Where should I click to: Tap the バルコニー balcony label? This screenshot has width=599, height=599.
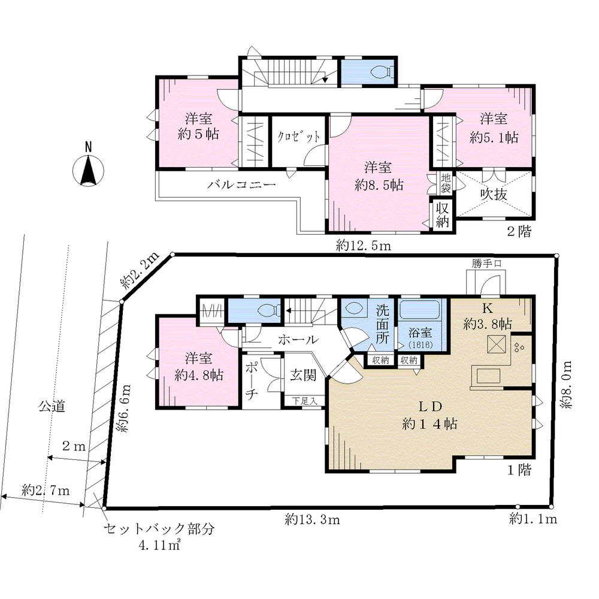[241, 185]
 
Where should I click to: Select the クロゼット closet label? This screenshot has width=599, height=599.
[298, 137]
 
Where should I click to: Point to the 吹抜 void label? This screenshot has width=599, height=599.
[495, 195]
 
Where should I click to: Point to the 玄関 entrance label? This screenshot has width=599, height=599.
[303, 376]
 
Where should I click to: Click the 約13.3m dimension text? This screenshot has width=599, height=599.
[313, 519]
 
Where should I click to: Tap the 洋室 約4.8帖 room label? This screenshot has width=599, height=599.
[199, 367]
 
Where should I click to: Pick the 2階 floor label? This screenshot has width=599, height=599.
[518, 232]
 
